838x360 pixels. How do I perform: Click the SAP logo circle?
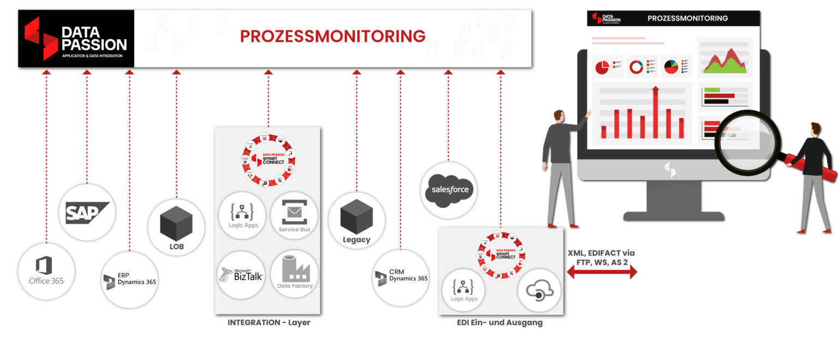point(87,213)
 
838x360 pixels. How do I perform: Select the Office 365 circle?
point(46,272)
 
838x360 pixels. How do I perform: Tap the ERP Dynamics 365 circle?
point(130,280)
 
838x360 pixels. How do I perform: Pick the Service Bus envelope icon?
point(294,210)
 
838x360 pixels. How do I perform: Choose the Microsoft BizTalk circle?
point(241,274)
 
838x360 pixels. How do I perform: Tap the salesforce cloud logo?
point(448,190)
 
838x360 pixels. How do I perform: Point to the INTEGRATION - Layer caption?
point(268,323)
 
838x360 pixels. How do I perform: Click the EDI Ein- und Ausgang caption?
point(500,323)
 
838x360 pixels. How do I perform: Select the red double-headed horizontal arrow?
point(602,272)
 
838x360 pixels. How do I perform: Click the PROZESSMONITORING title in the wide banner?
point(333,37)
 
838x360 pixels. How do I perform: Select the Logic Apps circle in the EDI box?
point(464,289)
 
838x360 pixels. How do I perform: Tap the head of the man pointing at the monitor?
point(558,116)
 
